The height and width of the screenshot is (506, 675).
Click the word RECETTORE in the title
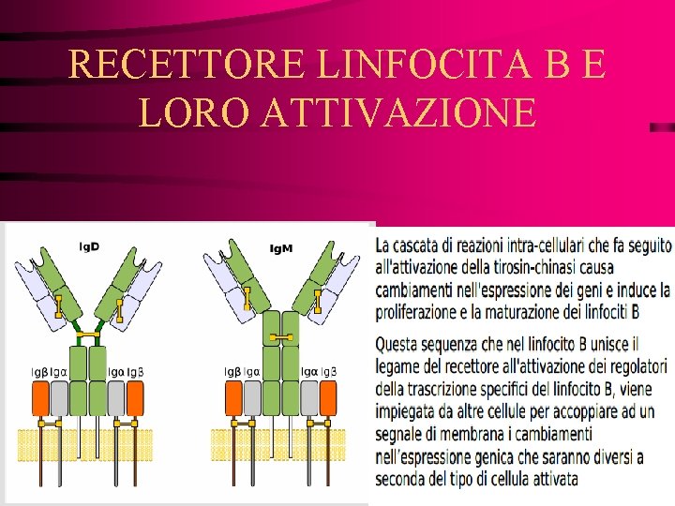(x=187, y=65)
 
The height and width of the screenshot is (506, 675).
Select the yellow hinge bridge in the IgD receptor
(x=88, y=334)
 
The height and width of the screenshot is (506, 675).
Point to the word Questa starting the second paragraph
(x=401, y=344)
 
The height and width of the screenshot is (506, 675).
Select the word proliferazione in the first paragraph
(x=421, y=310)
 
